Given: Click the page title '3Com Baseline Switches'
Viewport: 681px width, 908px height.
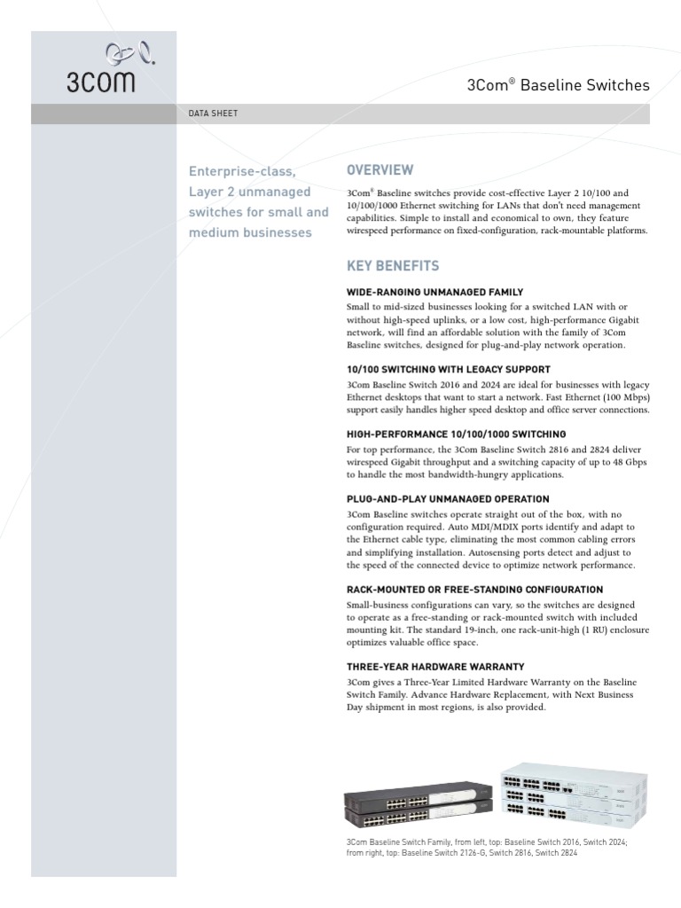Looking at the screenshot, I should pyautogui.click(x=558, y=86).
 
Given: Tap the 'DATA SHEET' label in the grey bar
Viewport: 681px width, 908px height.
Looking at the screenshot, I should pyautogui.click(x=213, y=114).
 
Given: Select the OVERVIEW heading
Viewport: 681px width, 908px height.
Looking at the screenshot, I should pyautogui.click(x=380, y=170).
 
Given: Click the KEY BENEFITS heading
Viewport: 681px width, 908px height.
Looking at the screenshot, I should pyautogui.click(x=392, y=266).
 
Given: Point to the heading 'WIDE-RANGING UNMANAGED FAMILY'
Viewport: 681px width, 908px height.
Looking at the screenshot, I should pyautogui.click(x=434, y=292).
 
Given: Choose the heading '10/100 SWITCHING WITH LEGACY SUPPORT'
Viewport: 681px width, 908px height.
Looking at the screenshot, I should pyautogui.click(x=448, y=369).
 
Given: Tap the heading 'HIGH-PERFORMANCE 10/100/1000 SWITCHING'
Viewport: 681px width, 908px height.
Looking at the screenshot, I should pyautogui.click(x=456, y=434).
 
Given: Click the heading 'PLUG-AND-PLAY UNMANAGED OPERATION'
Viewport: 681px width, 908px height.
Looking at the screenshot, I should pyautogui.click(x=447, y=499).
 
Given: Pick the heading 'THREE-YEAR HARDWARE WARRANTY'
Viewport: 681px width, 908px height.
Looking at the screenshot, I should pyautogui.click(x=434, y=666).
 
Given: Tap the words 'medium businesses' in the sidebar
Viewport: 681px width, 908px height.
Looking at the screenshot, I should pyautogui.click(x=250, y=232).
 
